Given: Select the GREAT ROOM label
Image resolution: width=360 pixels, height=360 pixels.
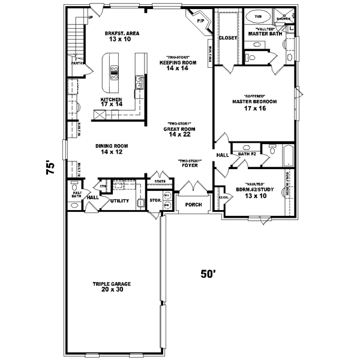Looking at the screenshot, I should coord(179,129).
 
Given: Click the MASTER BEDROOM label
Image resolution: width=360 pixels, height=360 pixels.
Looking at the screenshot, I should coord(254,101).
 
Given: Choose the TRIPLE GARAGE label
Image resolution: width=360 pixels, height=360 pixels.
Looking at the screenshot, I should coord(112,284).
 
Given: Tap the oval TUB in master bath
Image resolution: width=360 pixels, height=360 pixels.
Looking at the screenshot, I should coord(259,17).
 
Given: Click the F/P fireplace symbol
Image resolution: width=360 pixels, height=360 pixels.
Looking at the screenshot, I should coord(201,22).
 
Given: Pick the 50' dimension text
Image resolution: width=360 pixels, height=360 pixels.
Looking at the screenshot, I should coord(208,274).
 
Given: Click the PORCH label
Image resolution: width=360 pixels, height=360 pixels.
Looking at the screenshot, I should coord(193,204).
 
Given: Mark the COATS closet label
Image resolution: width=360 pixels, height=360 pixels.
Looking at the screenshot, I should coord(159,180).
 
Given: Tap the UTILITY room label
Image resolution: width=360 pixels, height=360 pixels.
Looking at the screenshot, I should coord(119,200).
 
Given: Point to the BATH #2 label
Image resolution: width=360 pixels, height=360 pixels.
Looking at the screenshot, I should coord(247,154).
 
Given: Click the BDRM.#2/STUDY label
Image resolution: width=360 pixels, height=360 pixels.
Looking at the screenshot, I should coord(259,193).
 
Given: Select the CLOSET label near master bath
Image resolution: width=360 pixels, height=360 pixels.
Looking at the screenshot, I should coord(228,37).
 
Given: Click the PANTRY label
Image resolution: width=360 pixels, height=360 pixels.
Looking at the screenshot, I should coord(76,62).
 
